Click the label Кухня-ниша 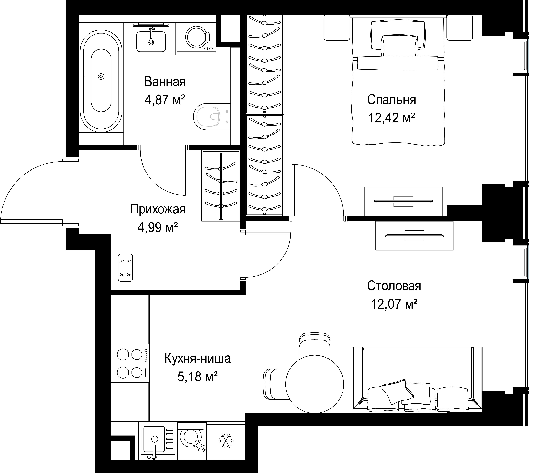point(198,358)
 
